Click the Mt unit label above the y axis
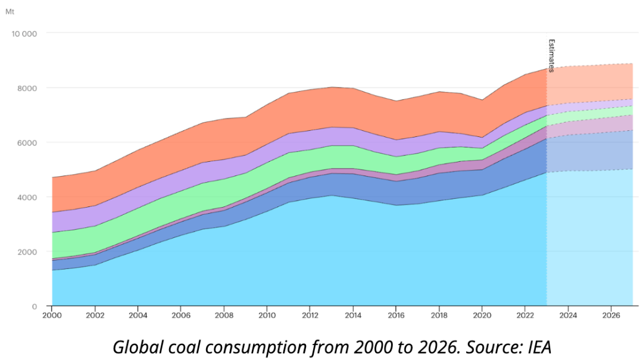pos(10,12)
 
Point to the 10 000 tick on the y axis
pos(24,33)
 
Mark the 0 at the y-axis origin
pos(35,306)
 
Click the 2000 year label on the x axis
pos(52,315)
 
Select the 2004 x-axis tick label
pos(138,315)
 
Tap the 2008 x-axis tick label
pos(224,315)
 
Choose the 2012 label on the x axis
pos(310,315)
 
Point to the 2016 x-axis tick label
pos(396,315)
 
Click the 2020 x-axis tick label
pos(482,315)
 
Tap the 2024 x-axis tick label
pos(568,315)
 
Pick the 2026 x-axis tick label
pos(611,315)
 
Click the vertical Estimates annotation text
pos(551,56)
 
